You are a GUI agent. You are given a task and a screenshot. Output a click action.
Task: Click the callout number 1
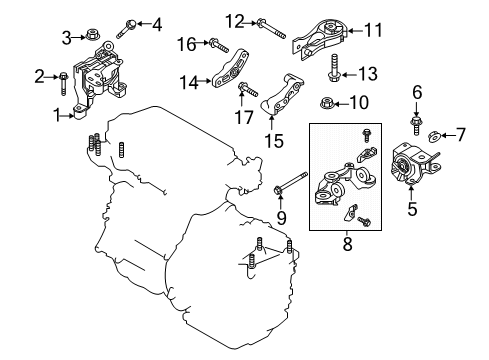[x=58, y=116]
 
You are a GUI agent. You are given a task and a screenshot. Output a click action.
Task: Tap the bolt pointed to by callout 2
[x=63, y=84]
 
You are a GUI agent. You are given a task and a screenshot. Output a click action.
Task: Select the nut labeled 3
[x=91, y=34]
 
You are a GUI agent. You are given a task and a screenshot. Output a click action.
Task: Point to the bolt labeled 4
[x=126, y=29]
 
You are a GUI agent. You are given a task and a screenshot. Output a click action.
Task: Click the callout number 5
[x=412, y=209]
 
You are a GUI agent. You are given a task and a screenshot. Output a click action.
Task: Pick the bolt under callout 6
[x=416, y=126]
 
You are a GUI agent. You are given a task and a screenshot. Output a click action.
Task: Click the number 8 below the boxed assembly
[x=347, y=244]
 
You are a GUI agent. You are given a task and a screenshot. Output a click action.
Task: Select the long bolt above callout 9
[x=291, y=183]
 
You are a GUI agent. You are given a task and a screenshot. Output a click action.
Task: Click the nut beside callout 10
[x=327, y=103]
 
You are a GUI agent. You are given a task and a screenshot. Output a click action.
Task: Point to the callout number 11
[x=373, y=30]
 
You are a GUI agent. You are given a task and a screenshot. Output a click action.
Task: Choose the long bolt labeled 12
[x=271, y=28]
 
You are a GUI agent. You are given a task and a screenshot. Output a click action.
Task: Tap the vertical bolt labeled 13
[x=333, y=68]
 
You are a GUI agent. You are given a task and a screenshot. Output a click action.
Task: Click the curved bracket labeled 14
[x=230, y=69]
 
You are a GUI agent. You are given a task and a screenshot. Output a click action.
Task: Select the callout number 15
[x=274, y=141]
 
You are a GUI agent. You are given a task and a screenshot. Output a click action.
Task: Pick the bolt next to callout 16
[x=219, y=46]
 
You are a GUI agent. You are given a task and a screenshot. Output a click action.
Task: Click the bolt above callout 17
[x=248, y=89]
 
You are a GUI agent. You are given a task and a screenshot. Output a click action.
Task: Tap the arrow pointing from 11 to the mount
[x=355, y=31]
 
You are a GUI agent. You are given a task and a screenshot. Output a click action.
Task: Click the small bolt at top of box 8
[x=366, y=135]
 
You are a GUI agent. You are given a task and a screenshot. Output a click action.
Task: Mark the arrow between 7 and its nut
[x=448, y=135]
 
